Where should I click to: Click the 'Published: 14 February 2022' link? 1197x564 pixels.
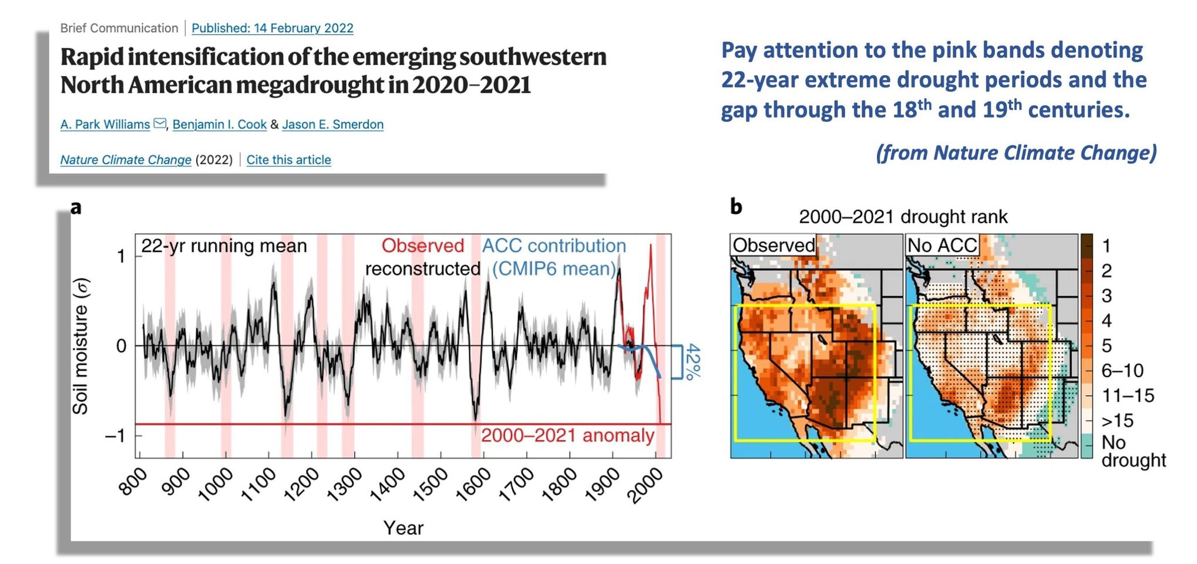(272, 28)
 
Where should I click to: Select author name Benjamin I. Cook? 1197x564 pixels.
(219, 125)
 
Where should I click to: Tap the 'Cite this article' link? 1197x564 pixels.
(288, 160)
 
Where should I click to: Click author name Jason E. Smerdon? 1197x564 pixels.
(332, 125)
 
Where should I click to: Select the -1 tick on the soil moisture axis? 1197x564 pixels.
(115, 436)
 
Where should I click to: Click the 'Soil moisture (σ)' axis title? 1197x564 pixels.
(80, 347)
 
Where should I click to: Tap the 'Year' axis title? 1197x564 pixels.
(403, 528)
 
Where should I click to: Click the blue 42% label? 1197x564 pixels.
(693, 361)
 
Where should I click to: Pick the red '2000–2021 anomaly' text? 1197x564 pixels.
(567, 435)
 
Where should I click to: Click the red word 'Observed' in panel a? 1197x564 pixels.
(422, 246)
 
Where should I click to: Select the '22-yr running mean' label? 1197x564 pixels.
(224, 246)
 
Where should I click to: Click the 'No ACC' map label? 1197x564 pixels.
(942, 246)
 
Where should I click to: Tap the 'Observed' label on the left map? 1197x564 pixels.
(773, 246)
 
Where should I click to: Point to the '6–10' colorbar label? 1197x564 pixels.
(1122, 371)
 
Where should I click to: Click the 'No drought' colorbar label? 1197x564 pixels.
(1132, 451)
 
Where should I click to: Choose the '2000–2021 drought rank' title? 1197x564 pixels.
(903, 217)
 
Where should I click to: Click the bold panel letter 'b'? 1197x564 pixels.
(736, 206)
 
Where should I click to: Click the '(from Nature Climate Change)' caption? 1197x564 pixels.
(1016, 153)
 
